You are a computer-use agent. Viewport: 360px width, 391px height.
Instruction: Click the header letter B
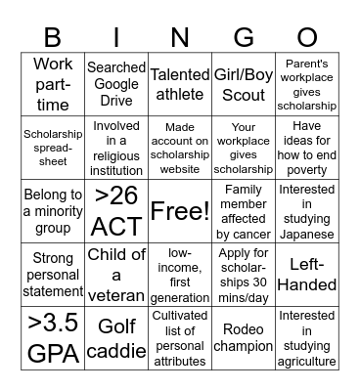click(x=53, y=38)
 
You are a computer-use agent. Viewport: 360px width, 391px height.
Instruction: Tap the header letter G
click(x=244, y=38)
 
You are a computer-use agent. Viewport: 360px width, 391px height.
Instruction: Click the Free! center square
click(x=179, y=211)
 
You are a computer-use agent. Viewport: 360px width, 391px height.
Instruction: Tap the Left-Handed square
click(x=306, y=275)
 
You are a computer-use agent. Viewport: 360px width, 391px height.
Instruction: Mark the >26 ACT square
click(x=116, y=211)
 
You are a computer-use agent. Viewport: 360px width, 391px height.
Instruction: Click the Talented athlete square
click(x=179, y=84)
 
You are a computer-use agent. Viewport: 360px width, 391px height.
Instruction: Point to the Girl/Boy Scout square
click(x=244, y=84)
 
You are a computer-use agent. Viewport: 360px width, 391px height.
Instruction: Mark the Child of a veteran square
click(x=116, y=275)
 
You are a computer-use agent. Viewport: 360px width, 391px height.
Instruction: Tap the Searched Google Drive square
click(x=116, y=84)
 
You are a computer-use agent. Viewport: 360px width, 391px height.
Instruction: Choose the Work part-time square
click(x=53, y=84)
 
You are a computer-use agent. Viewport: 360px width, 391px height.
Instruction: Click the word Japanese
click(x=306, y=234)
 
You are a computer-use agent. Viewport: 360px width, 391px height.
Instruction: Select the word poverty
click(x=306, y=170)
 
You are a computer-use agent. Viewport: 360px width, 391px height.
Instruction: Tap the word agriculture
click(x=306, y=362)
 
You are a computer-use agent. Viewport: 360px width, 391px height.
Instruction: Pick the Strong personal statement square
click(x=53, y=275)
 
